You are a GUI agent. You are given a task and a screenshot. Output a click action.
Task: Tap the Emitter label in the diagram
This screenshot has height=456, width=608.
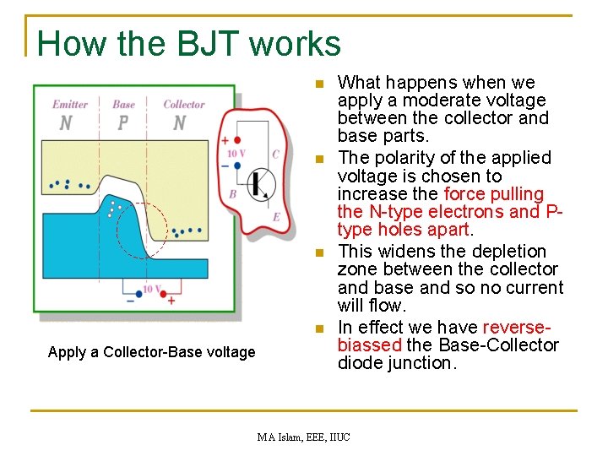[x=70, y=105]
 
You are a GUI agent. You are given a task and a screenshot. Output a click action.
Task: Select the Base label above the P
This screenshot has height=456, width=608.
[x=123, y=105]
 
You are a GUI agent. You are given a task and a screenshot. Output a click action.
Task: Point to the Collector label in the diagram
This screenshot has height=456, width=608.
[x=183, y=105]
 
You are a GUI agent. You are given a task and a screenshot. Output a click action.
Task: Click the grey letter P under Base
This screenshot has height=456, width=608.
[x=123, y=123]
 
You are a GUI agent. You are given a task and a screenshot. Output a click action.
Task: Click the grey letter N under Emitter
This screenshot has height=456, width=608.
[x=66, y=123]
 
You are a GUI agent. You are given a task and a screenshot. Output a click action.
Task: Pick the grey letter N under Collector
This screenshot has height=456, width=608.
[x=179, y=123]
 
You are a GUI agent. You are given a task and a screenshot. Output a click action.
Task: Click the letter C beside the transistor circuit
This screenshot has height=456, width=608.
[x=275, y=154]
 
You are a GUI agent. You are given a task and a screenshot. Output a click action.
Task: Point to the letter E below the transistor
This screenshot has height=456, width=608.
[x=276, y=217]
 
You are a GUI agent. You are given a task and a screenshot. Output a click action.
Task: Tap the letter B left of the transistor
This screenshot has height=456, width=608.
[x=232, y=194]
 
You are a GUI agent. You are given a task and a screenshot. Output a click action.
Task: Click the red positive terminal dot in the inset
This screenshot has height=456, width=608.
[x=237, y=139]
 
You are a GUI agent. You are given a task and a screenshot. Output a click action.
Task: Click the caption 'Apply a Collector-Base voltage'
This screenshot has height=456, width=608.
[x=151, y=352]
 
